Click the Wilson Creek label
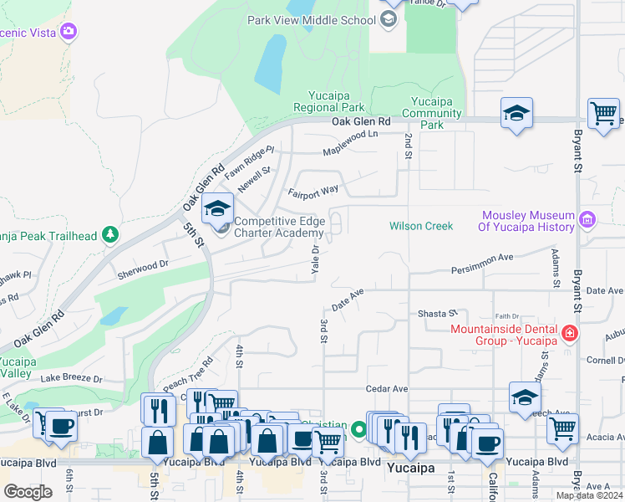pyautogui.click(x=421, y=226)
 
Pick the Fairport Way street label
pyautogui.click(x=314, y=192)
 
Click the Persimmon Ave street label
pyautogui.click(x=482, y=264)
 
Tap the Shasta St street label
pyautogui.click(x=438, y=313)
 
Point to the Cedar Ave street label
pyautogui.click(x=387, y=389)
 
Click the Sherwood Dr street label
pyautogui.click(x=143, y=263)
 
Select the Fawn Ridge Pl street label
pyautogui.click(x=249, y=155)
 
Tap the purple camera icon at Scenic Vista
pyautogui.click(x=69, y=32)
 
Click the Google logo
pyautogui.click(x=28, y=492)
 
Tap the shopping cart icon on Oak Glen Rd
pyautogui.click(x=603, y=113)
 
